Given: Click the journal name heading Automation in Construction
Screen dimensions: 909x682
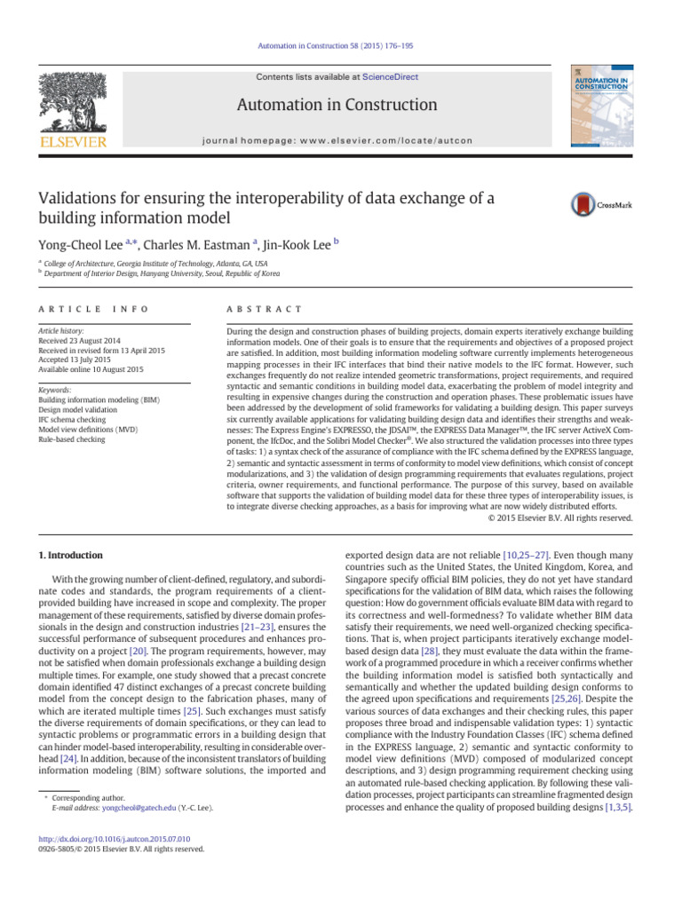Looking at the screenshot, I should point(337,106).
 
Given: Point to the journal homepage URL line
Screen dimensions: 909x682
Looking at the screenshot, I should point(337,140).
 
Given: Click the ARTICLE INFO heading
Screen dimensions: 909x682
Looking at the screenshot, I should point(94,309).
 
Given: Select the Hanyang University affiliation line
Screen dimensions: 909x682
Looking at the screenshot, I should point(164,274).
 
